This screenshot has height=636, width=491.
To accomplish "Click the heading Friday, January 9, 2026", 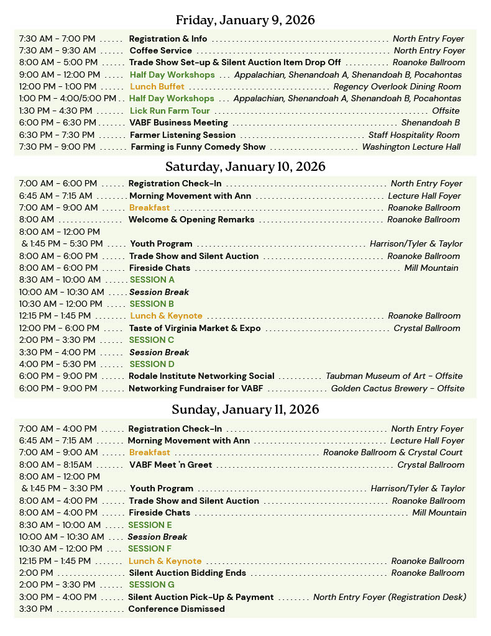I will (245, 20).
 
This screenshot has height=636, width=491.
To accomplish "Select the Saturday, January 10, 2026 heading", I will (245, 166).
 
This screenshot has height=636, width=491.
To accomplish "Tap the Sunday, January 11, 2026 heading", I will (245, 409).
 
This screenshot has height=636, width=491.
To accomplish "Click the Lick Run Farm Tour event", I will (170, 111).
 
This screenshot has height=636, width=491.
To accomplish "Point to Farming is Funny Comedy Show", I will (198, 147).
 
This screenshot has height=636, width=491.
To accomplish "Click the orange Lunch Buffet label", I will (157, 87).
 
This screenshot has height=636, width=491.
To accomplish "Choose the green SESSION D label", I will (152, 364).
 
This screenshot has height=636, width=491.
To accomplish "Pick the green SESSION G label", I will (152, 584).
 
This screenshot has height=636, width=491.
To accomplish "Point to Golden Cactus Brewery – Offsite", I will (397, 388).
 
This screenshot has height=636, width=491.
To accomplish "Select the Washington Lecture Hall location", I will (411, 147).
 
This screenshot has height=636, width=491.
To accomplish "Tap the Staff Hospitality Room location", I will (414, 135).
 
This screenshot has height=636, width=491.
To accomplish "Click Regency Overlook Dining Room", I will (397, 87).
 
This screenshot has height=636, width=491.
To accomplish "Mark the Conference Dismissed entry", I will (176, 609).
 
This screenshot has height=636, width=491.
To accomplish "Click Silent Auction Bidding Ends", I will (187, 573).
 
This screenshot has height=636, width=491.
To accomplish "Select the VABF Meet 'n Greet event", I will (170, 465).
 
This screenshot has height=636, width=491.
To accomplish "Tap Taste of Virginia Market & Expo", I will (195, 328).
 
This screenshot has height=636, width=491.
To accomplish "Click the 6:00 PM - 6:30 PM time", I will (57, 123).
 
